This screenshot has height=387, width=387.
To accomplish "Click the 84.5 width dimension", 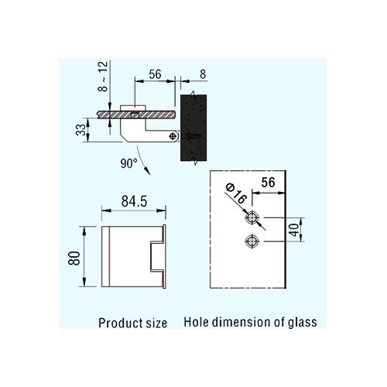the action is (134, 201).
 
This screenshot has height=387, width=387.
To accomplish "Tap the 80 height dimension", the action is (74, 258).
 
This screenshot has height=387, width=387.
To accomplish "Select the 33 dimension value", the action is (80, 130).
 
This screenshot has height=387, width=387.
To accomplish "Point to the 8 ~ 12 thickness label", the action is (103, 77).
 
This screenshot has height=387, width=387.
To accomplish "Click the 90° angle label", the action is (129, 163).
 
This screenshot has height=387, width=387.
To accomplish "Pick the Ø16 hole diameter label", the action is (236, 193).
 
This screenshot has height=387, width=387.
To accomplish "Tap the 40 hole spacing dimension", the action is (294, 230).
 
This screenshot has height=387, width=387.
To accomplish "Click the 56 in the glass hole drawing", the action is (268, 183).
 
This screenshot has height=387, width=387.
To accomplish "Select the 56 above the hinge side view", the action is (155, 74).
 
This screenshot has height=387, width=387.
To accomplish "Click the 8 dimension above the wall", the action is (203, 74).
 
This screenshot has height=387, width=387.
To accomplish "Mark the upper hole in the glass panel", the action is (252, 218).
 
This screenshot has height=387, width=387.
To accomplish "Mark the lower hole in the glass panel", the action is (252, 241).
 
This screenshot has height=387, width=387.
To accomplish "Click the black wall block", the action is (193, 128).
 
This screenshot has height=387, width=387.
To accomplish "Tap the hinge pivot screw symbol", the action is (173, 136).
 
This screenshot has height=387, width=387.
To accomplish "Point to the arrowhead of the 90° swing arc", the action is (147, 171).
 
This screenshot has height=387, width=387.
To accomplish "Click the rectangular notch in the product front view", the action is (157, 257).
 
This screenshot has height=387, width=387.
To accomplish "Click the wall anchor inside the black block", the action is (191, 136).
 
